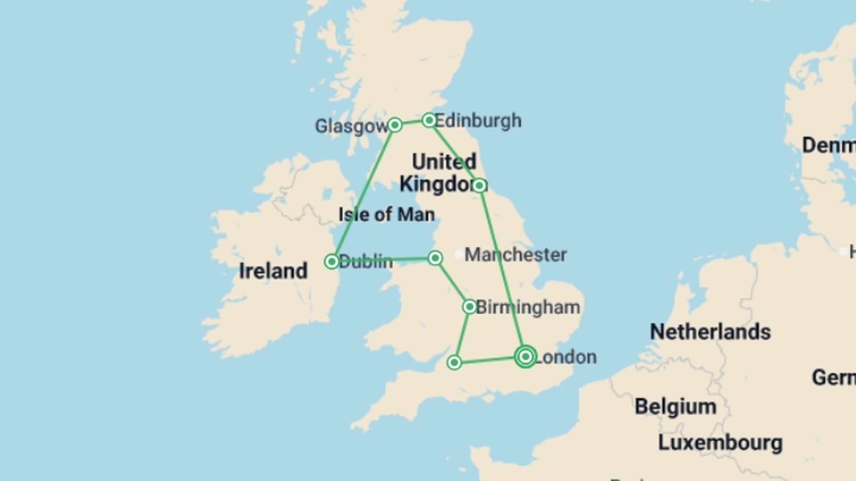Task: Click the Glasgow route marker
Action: pos(395,125)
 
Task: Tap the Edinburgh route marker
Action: pos(429,120)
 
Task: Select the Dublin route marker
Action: pos(332,261)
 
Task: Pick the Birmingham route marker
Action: pos(469,307)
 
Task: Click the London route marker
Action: pos(526,357)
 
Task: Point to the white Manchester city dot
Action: pos(458,254)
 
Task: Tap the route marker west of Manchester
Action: pos(435,258)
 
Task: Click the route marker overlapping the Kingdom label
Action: pos(479,185)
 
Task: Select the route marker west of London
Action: pos(454,363)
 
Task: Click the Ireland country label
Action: pos(273,271)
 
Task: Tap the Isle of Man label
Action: pos(387,215)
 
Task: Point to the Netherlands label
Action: pos(710,332)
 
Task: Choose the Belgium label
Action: pos(675,407)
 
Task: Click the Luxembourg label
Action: pos(720,443)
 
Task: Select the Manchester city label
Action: pos(516,255)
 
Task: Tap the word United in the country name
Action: pos(444,162)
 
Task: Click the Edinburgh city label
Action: pos(478,121)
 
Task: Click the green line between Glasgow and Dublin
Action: pos(363,192)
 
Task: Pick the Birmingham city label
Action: pos(528,307)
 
